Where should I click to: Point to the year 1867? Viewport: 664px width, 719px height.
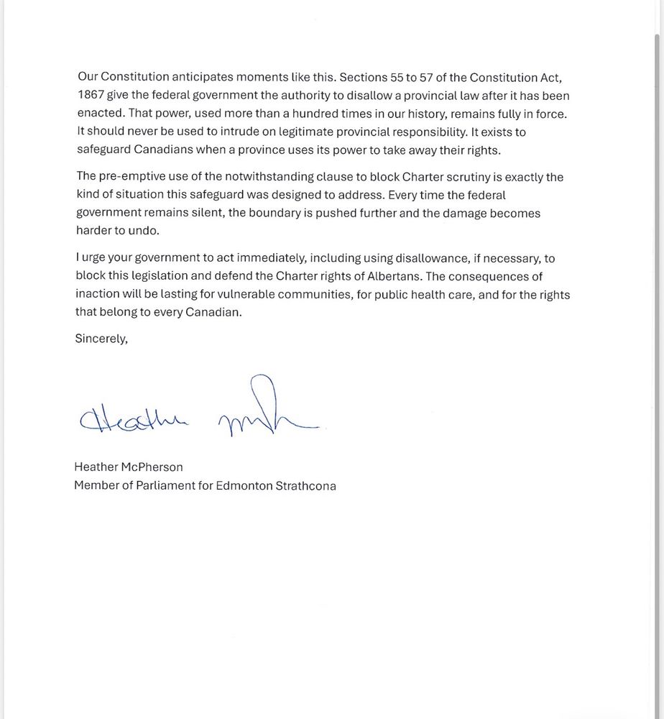(91, 96)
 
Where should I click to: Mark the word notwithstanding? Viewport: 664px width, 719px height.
(272, 177)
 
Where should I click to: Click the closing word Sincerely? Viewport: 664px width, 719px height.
(101, 339)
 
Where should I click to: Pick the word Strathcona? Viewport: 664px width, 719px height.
(305, 485)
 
